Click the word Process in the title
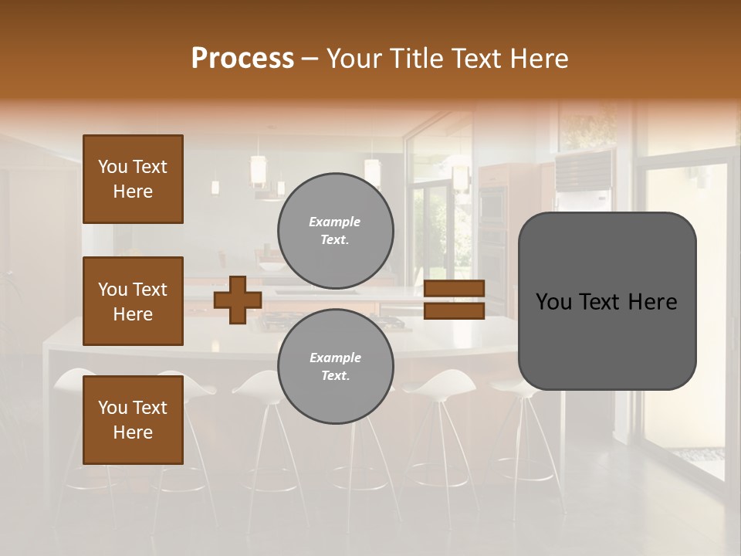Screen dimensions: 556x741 tap(242, 59)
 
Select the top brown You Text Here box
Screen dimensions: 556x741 tap(133, 179)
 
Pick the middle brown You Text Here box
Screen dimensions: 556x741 tap(133, 301)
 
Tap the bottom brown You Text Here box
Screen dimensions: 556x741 tap(133, 419)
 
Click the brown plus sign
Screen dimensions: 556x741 tap(237, 300)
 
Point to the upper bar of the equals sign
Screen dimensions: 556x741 tap(454, 288)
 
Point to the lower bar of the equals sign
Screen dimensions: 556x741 tap(454, 311)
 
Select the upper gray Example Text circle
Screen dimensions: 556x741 tap(335, 230)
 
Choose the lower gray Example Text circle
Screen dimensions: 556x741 tap(335, 366)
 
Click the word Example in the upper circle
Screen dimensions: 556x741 tap(334, 222)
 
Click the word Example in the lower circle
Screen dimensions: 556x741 tap(335, 358)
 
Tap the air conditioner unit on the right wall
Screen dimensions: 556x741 tap(583, 171)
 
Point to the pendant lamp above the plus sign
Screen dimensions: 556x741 tap(258, 170)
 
